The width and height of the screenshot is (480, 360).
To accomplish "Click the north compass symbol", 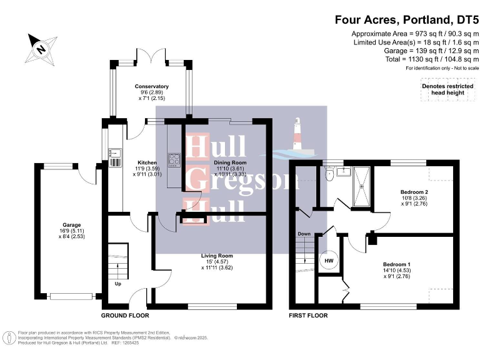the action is coord(41,47).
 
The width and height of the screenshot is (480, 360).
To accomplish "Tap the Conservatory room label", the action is coord(152,87).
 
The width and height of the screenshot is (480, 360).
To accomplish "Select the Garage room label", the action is coord(71,225).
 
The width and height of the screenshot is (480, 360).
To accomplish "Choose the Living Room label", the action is coord(217,256).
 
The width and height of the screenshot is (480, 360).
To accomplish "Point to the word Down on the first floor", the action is coord(304,234).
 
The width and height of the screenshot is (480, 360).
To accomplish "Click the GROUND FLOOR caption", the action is coord(125,316).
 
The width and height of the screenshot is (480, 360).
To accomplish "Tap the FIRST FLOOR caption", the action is coord(308,316).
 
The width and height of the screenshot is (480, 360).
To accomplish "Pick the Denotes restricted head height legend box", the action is coord(443,89).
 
